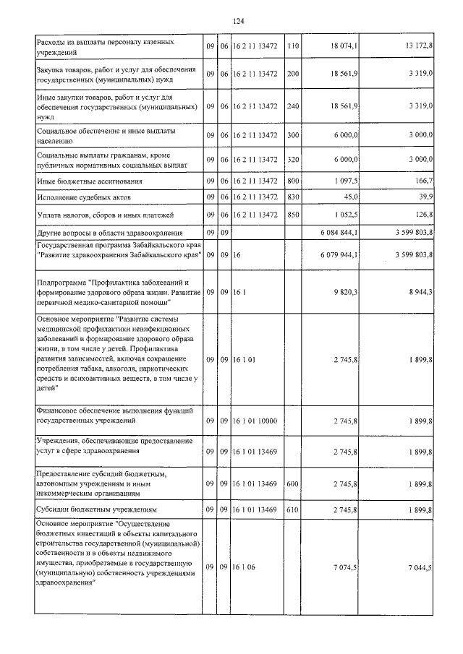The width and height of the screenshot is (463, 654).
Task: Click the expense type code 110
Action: [x=293, y=46]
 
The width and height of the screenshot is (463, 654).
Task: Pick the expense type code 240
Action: [x=293, y=106]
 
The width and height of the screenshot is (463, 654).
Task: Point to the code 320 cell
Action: [x=293, y=160]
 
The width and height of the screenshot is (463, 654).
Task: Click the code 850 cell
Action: [x=293, y=215]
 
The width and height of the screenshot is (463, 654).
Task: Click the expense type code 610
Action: [x=293, y=509]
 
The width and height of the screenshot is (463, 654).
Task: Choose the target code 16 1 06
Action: [x=244, y=568]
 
